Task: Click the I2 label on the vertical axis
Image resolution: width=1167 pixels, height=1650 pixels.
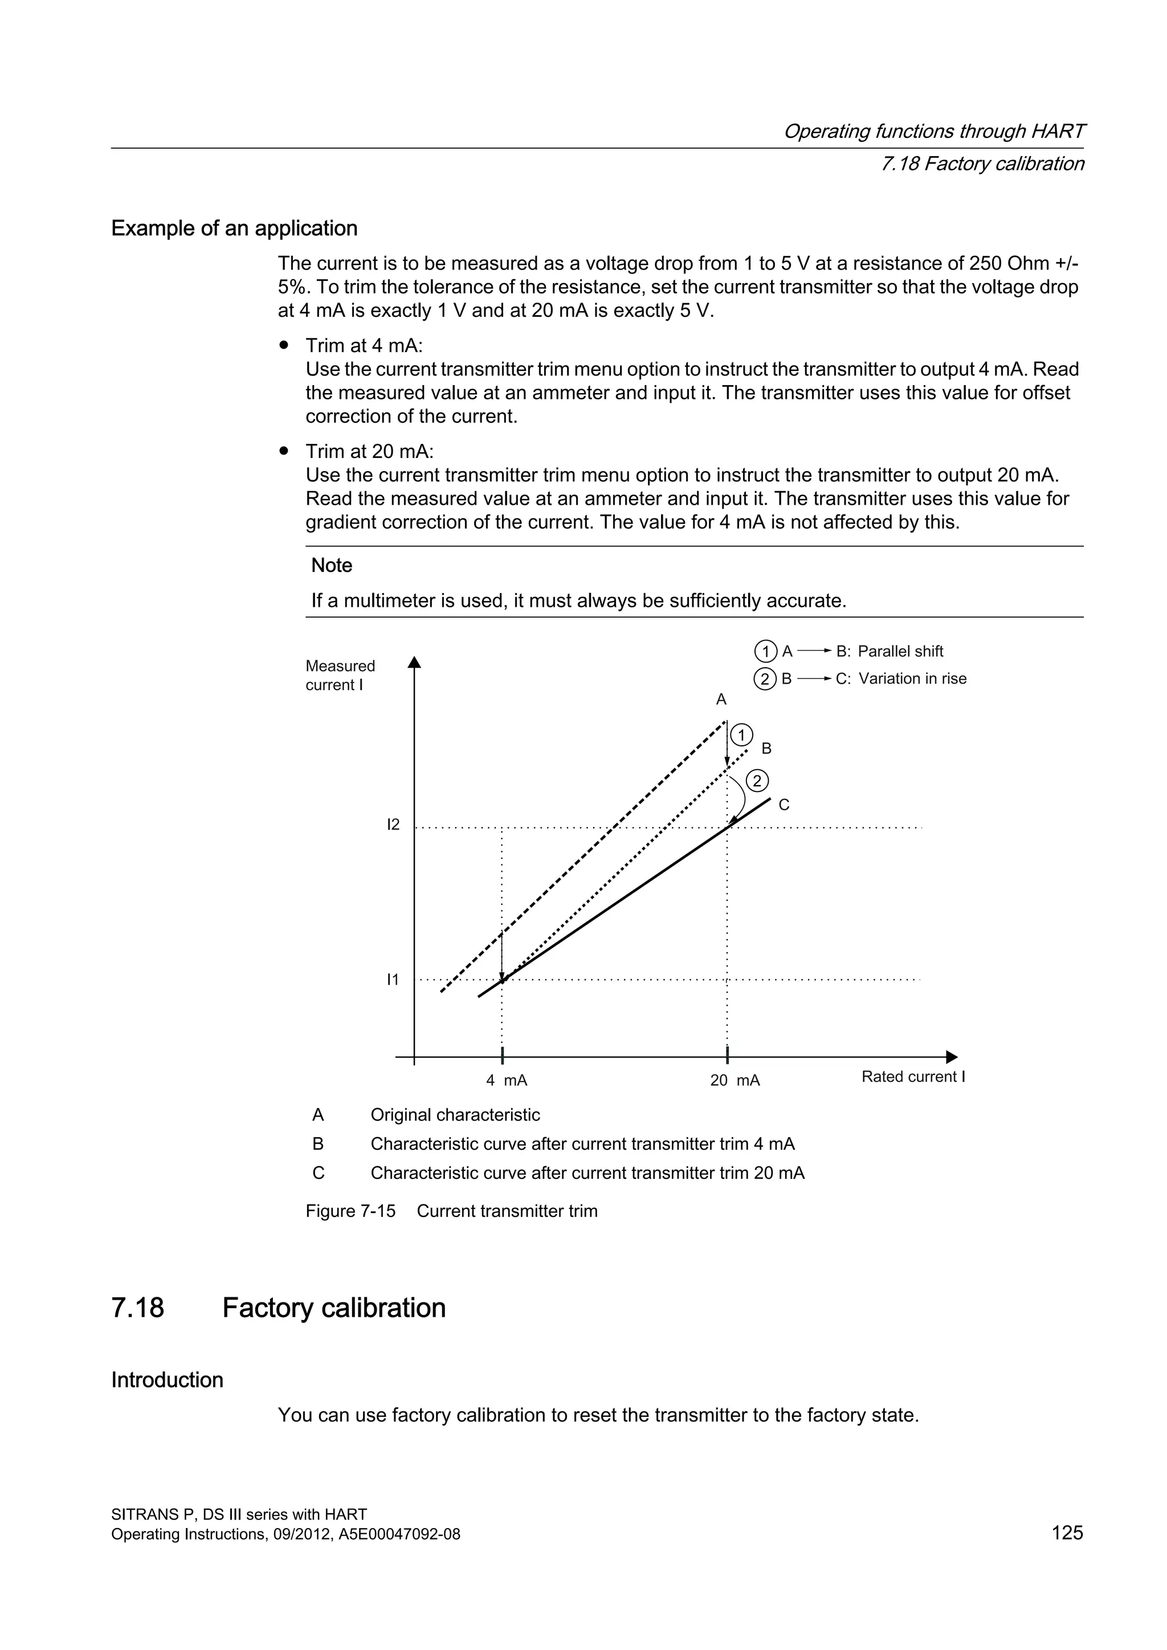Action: coord(393,824)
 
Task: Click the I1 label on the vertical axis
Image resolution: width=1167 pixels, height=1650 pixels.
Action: coord(393,979)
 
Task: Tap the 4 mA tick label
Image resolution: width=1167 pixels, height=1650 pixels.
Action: coord(507,1080)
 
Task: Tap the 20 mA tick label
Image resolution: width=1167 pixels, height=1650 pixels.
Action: coord(735,1080)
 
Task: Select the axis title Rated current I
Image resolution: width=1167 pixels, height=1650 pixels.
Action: coord(913,1076)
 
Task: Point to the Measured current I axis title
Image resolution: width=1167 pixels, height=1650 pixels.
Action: coord(340,676)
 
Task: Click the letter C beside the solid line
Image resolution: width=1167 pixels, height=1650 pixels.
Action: coord(784,805)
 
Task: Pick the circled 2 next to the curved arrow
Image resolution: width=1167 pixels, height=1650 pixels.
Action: coord(757,781)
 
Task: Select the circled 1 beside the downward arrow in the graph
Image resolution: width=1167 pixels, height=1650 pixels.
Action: coord(741,735)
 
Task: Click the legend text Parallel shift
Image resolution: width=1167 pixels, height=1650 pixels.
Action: coord(900,651)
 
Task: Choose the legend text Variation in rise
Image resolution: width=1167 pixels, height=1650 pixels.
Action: coord(912,679)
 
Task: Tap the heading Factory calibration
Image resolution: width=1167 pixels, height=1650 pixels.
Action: coord(333,1307)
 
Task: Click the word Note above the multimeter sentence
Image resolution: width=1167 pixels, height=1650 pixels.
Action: coord(331,566)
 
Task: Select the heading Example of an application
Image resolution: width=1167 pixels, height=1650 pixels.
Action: coord(234,228)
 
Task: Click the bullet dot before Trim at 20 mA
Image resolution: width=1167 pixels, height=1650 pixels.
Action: coord(284,451)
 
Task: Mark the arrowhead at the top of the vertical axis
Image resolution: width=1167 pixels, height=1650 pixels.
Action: coord(414,662)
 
